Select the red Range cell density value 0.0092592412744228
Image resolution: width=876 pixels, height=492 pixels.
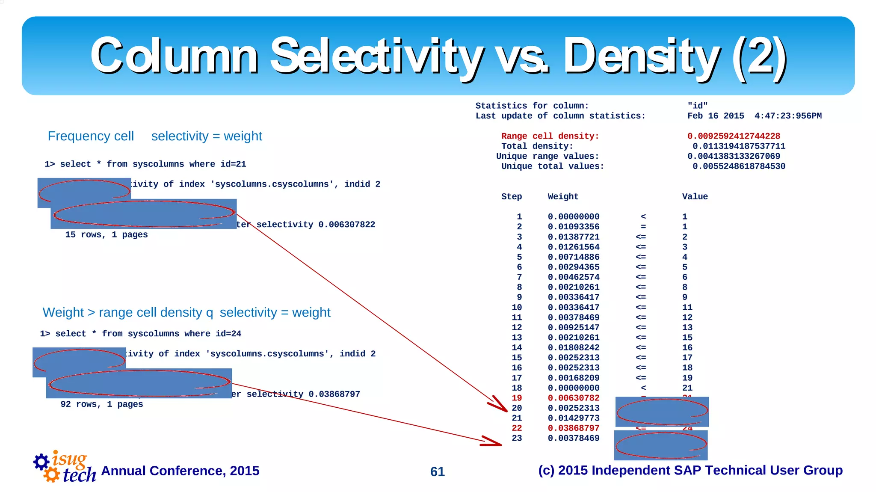(x=734, y=136)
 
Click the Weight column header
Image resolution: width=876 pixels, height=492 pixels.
(x=563, y=196)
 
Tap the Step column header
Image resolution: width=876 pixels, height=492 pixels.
(x=512, y=196)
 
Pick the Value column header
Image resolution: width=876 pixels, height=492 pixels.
(x=695, y=196)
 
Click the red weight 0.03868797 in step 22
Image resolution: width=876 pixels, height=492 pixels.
(x=573, y=428)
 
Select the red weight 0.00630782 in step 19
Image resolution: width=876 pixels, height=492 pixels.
(x=573, y=398)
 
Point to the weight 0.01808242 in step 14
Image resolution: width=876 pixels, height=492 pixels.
(x=573, y=347)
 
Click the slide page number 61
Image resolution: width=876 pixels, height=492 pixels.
(x=437, y=471)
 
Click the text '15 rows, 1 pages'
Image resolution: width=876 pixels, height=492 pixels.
(x=106, y=234)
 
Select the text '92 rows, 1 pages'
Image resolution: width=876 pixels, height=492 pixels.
(x=102, y=404)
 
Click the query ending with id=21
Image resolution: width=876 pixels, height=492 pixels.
(x=145, y=164)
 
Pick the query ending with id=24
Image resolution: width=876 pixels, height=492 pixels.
(x=140, y=333)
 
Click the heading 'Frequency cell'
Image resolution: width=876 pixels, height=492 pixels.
(x=91, y=136)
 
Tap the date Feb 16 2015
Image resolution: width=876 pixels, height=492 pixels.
(x=715, y=116)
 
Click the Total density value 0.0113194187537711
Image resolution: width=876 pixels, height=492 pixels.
(x=739, y=146)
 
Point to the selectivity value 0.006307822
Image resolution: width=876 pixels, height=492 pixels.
(x=346, y=224)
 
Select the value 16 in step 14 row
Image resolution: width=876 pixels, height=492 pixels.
(x=687, y=347)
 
